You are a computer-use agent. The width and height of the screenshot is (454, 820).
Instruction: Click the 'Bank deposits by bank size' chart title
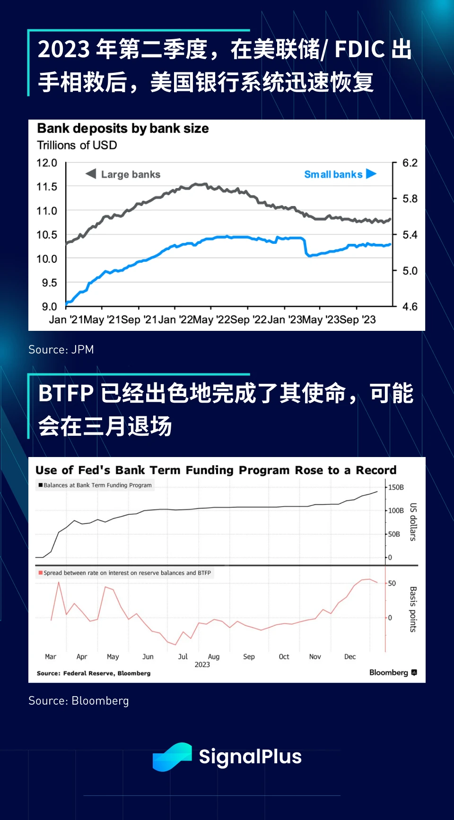pos(123,129)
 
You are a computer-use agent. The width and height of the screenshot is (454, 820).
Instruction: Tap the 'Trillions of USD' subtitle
pos(77,145)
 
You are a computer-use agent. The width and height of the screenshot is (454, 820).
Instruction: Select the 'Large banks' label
pos(131,174)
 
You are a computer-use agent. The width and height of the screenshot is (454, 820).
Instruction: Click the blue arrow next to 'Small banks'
pos(371,174)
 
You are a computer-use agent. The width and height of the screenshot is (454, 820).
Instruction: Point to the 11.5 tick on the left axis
pos(47,187)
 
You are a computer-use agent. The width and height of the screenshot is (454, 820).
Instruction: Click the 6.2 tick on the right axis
pos(410,163)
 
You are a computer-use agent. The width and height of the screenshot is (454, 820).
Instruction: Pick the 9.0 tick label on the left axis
pos(49,307)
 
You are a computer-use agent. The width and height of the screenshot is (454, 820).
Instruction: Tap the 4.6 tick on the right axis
pos(410,307)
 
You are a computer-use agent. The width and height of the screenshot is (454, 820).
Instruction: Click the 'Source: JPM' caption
pos(61,350)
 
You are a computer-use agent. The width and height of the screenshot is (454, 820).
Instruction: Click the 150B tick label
pos(396,487)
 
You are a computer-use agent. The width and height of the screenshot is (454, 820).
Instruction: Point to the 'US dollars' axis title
pos(413,522)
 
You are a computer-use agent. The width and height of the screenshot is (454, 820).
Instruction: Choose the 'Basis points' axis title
pos(413,609)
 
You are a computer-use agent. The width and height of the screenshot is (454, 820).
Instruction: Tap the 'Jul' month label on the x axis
pos(183,656)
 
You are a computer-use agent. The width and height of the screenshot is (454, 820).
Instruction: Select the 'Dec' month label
pos(350,656)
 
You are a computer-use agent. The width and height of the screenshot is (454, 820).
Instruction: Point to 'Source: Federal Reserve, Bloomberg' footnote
pos(94,673)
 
